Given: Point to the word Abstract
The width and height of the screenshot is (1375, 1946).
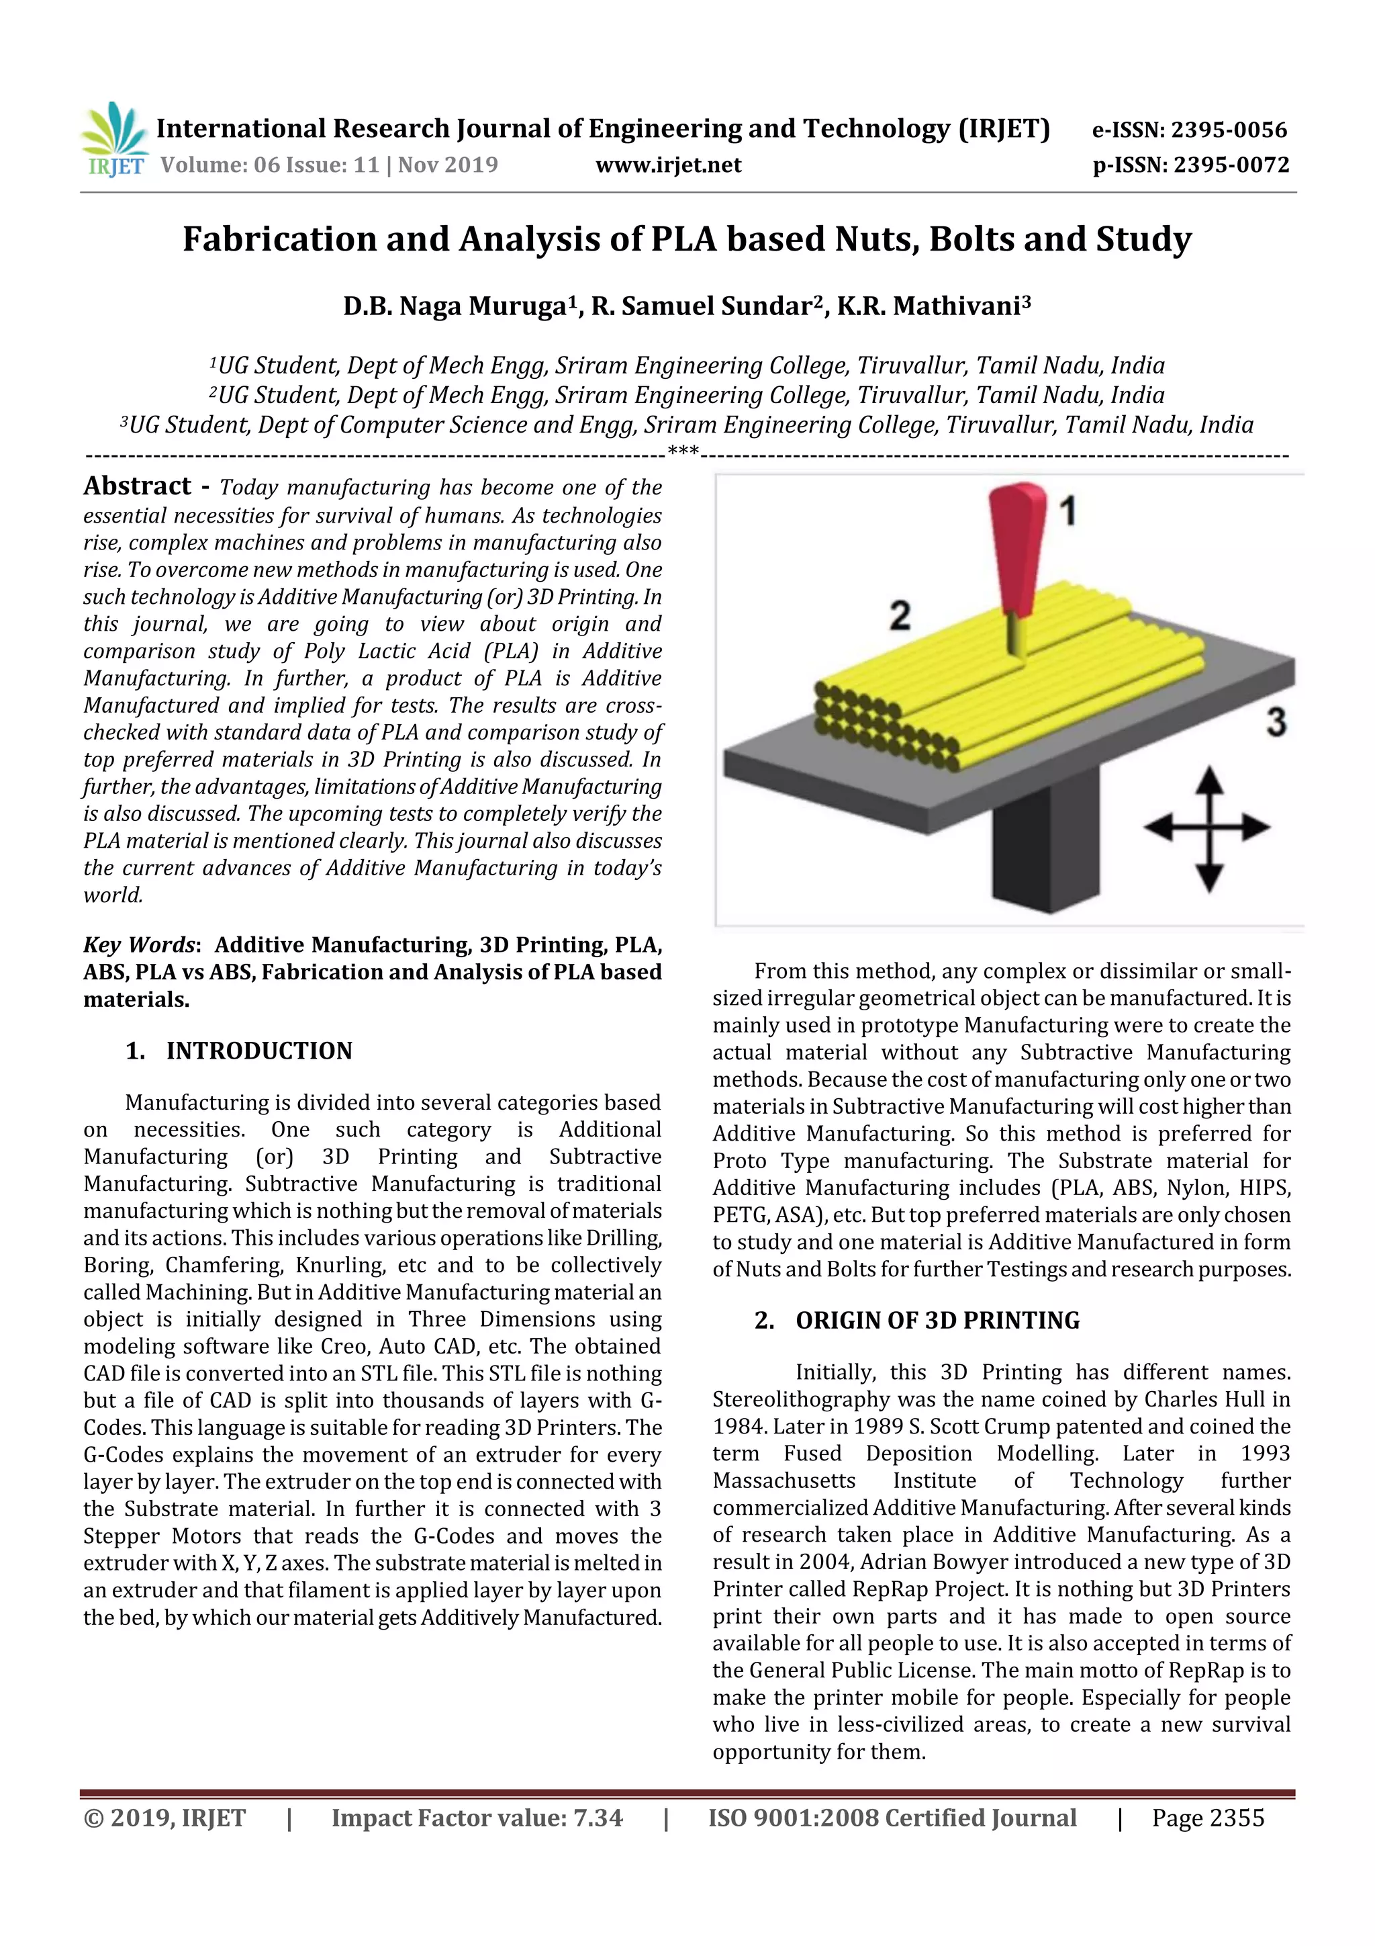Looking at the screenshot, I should coord(137,486).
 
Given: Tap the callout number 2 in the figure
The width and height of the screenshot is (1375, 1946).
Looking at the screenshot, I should coord(900,615).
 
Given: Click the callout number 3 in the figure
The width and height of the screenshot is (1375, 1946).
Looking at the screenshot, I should coord(1276,722).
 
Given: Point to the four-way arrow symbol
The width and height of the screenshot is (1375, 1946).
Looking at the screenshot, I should coord(1208,828).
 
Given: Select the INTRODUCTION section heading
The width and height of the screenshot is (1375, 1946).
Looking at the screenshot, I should coord(258,1051).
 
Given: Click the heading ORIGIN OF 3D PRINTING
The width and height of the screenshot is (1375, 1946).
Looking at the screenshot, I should coord(937,1321).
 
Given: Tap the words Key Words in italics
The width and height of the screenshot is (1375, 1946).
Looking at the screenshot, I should coord(139,945).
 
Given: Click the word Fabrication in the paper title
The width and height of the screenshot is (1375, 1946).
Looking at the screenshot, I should coord(279,240).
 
